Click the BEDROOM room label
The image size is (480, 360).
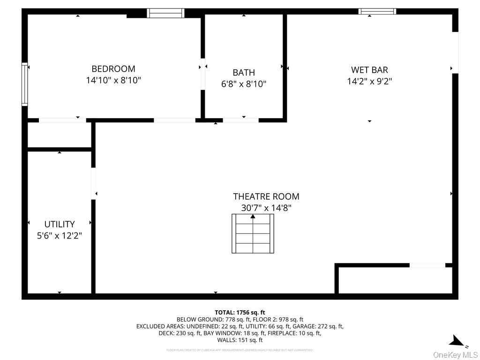click(113, 69)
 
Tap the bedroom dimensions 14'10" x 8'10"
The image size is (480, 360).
click(113, 80)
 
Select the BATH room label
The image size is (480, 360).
click(244, 73)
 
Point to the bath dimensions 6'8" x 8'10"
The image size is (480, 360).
click(244, 84)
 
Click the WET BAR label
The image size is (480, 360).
click(369, 70)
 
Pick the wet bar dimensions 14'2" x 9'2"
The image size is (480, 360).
click(369, 81)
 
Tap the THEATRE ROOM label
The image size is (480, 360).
click(266, 196)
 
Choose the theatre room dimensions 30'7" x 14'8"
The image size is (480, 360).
click(266, 208)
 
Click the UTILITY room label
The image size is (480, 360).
click(60, 224)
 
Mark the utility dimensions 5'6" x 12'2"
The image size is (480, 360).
click(60, 235)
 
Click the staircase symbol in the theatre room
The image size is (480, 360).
click(253, 233)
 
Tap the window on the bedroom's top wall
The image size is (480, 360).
click(165, 13)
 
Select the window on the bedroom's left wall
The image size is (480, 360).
click(24, 84)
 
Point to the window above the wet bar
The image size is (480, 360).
click(377, 11)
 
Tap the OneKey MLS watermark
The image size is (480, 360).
click(455, 354)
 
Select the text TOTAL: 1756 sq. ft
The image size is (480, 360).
click(240, 312)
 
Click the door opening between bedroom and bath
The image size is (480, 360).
click(203, 74)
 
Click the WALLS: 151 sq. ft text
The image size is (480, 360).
click(240, 340)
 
